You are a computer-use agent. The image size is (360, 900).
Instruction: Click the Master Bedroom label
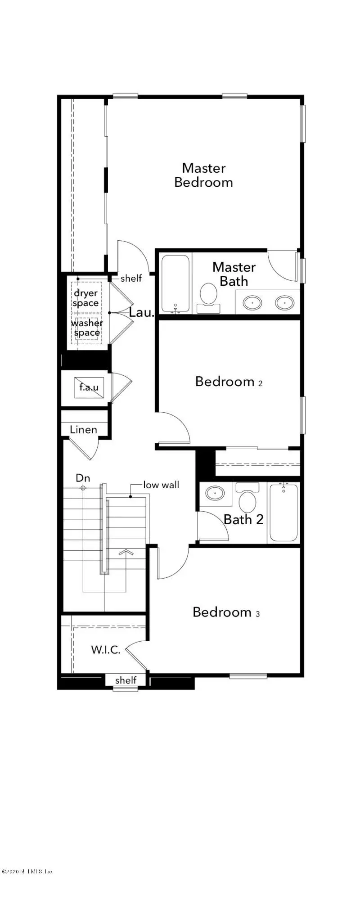(x=203, y=175)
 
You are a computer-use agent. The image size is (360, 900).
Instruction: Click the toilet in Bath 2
(x=247, y=497)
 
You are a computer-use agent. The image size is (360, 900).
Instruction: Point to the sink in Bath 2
(x=216, y=493)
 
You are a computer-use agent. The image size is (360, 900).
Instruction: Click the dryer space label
(x=85, y=298)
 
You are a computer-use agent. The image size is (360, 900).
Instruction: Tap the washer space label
(x=87, y=328)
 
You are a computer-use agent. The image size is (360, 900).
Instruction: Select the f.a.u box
(x=89, y=387)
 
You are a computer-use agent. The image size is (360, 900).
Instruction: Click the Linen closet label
(x=83, y=430)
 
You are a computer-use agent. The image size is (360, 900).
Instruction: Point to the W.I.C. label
(x=106, y=649)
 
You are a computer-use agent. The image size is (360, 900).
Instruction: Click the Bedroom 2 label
(x=229, y=382)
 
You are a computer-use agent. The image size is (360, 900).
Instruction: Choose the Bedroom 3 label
(x=226, y=612)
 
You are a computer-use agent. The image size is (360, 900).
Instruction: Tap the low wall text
(x=161, y=485)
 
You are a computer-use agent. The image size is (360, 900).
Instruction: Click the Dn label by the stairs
(x=83, y=478)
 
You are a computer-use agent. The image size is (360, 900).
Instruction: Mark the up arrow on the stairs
(x=126, y=552)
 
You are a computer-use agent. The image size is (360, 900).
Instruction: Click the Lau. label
(x=142, y=312)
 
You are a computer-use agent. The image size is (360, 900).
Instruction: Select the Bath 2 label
(x=243, y=519)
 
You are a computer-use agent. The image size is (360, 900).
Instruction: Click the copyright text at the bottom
(x=27, y=871)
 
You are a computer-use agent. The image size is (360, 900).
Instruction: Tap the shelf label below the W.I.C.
(x=126, y=680)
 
